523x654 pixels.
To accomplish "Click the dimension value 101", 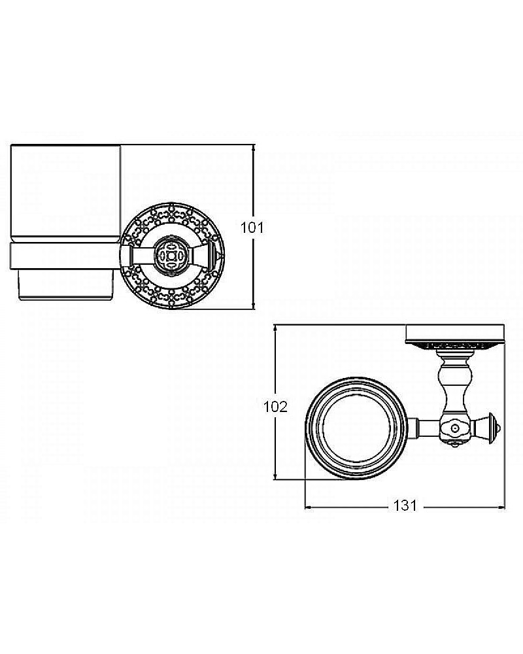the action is (252, 228).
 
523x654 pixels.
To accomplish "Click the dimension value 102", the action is (275, 406).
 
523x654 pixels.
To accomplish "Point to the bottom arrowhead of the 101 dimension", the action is (253, 305).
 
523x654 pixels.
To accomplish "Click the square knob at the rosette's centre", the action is (171, 256).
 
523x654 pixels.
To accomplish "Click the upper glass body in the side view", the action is (65, 192).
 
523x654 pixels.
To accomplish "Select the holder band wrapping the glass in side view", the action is (65, 256).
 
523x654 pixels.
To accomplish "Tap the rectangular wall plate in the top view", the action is (455, 334).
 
